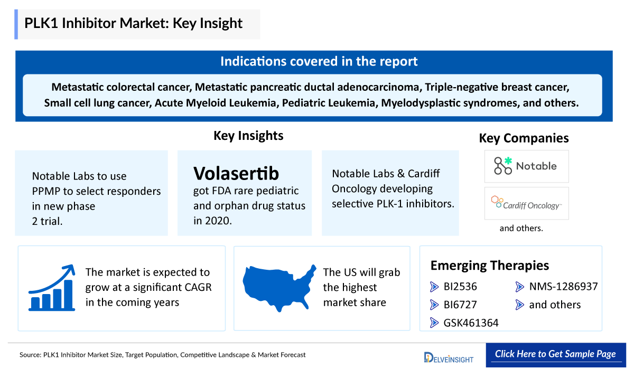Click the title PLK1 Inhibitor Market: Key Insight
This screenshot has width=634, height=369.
pyautogui.click(x=133, y=24)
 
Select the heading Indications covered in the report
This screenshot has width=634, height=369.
pyautogui.click(x=319, y=61)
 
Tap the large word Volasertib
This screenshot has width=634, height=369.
pyautogui.click(x=236, y=173)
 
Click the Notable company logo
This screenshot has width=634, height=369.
pyautogui.click(x=526, y=166)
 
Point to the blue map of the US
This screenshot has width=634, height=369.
pyautogui.click(x=276, y=288)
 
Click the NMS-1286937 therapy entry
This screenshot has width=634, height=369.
pyautogui.click(x=563, y=287)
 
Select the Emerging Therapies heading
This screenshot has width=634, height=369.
pyautogui.click(x=489, y=265)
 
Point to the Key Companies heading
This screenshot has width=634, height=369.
pyautogui.click(x=524, y=138)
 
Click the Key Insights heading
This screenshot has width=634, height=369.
pyautogui.click(x=248, y=136)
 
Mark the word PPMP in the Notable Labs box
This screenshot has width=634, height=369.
pyautogui.click(x=46, y=191)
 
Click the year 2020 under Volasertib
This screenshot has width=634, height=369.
pyautogui.click(x=218, y=221)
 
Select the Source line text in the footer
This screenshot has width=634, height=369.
pyautogui.click(x=163, y=355)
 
